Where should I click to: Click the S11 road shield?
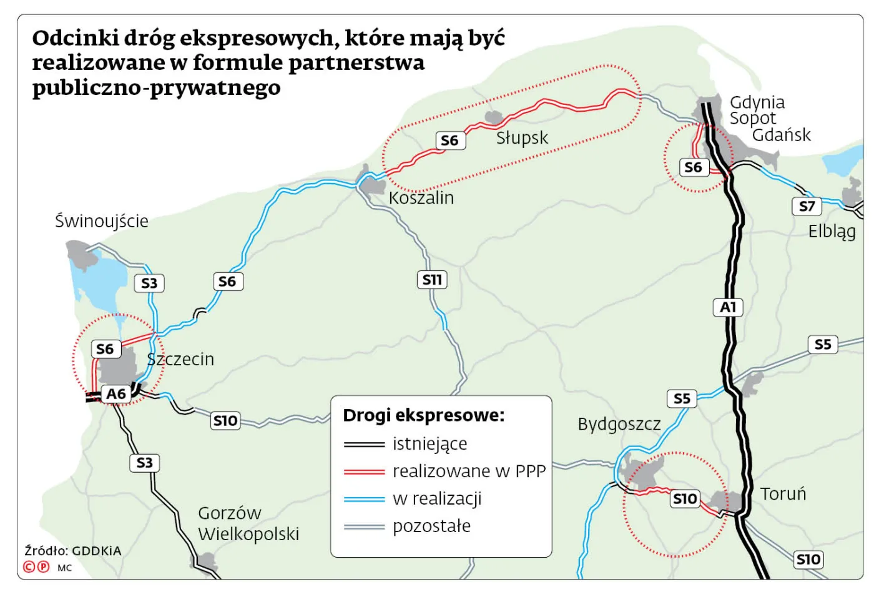431,280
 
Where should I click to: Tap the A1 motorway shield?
728,307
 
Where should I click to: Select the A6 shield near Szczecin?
116,394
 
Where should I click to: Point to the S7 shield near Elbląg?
807,206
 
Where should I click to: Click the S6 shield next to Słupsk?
449,141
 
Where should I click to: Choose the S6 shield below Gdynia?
693,167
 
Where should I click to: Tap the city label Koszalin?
421,198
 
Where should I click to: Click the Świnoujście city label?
102,221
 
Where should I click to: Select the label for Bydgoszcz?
619,425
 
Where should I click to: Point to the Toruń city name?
783,494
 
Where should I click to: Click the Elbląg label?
832,232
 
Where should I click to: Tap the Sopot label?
752,118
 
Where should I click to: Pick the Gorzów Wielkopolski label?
248,523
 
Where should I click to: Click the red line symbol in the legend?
364,471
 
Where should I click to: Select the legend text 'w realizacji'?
437,498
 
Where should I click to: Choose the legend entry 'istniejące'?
430,444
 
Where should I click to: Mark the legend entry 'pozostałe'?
431,526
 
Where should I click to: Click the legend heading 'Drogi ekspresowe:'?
424,415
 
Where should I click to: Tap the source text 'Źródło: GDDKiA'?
73,551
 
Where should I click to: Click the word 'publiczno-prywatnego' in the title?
156,87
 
